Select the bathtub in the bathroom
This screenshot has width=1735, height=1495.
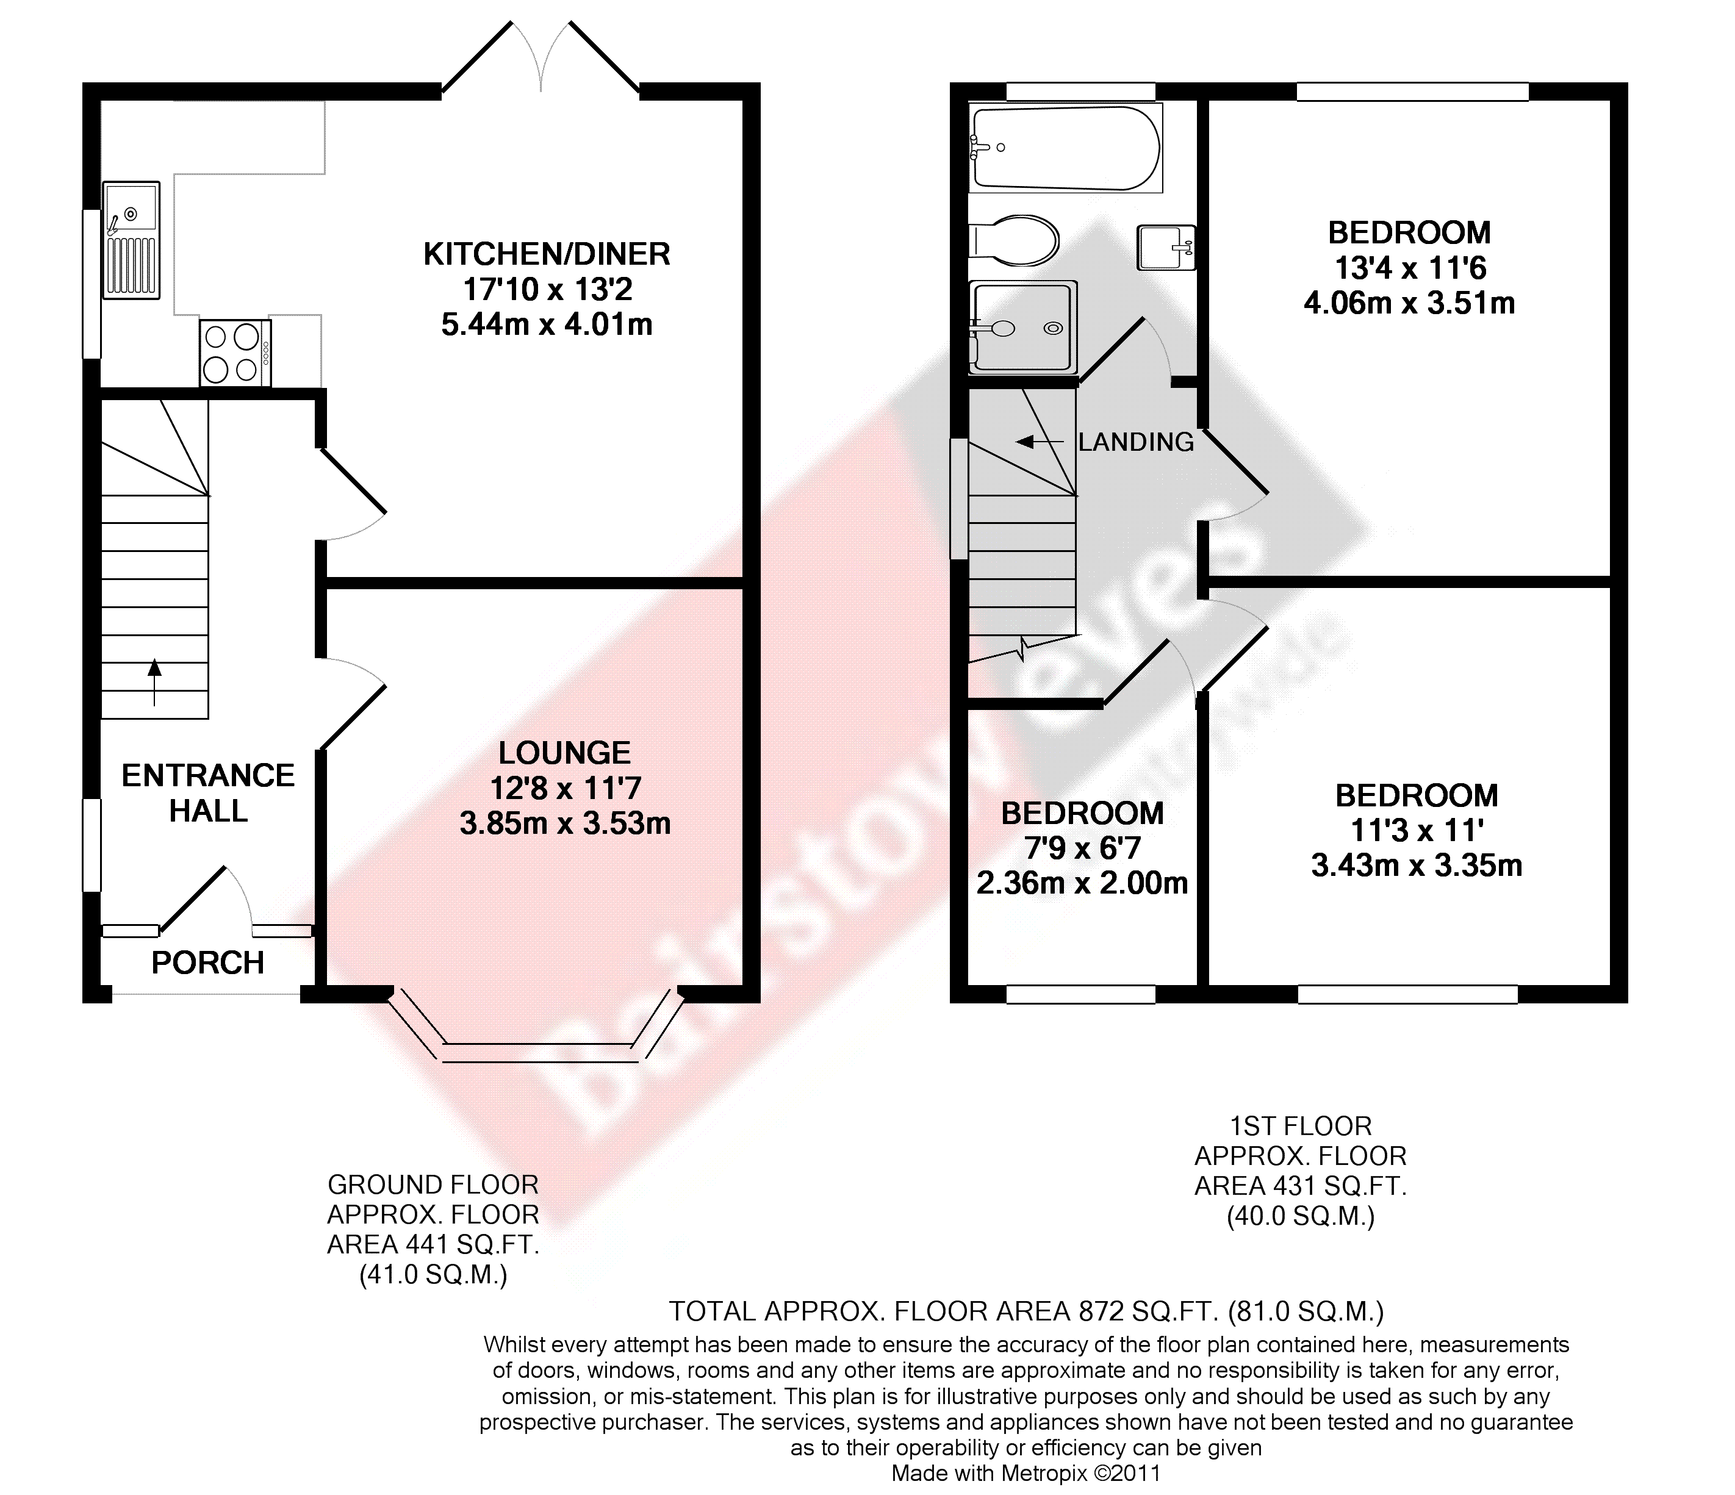(1065, 148)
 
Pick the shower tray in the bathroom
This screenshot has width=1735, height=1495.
(1022, 328)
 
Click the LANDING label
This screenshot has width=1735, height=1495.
(1137, 442)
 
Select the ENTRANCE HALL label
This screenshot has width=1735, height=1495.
(209, 794)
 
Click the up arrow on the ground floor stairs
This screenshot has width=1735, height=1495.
(154, 682)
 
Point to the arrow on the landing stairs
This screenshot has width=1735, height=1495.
(1036, 442)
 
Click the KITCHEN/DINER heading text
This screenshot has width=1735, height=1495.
(547, 254)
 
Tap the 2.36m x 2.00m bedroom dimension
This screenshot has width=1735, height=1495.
(1083, 883)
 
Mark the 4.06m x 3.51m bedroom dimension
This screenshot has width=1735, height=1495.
(1409, 303)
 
